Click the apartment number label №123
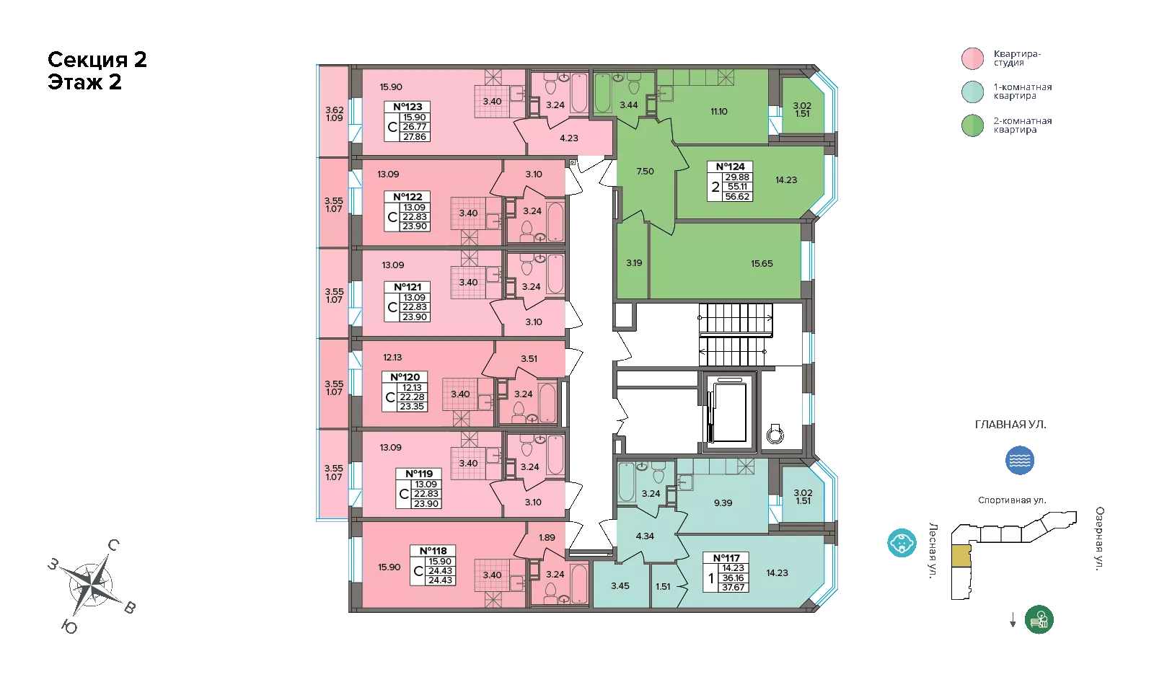pyautogui.click(x=408, y=107)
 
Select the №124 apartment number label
pyautogui.click(x=730, y=167)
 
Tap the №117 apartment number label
pyautogui.click(x=726, y=558)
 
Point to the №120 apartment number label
pyautogui.click(x=405, y=377)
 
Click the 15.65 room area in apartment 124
pyautogui.click(x=762, y=264)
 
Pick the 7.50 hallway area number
pyautogui.click(x=645, y=172)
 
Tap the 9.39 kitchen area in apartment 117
pyautogui.click(x=723, y=503)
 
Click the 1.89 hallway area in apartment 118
pyautogui.click(x=547, y=537)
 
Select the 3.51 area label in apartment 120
pyautogui.click(x=529, y=359)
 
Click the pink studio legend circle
pyautogui.click(x=973, y=58)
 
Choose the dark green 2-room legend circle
pyautogui.click(x=973, y=125)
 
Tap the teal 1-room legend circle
pyautogui.click(x=973, y=92)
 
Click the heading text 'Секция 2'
pyautogui.click(x=97, y=60)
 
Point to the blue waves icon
pyautogui.click(x=1020, y=460)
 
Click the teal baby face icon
pyautogui.click(x=902, y=543)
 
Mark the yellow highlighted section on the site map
pyautogui.click(x=961, y=556)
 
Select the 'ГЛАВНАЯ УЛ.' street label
pyautogui.click(x=1010, y=425)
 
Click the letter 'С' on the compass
pyautogui.click(x=113, y=545)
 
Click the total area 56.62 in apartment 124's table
pyautogui.click(x=737, y=197)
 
